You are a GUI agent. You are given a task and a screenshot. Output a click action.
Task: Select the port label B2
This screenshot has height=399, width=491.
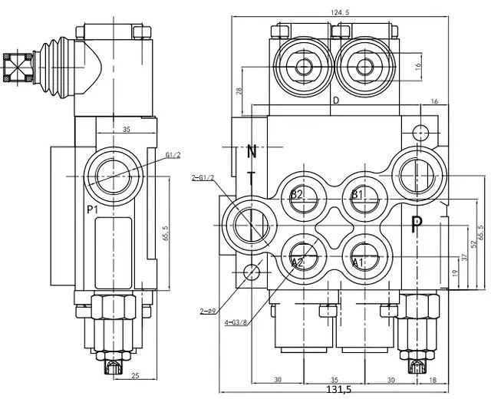click(298, 194)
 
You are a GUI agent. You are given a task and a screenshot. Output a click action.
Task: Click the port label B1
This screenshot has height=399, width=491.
click(358, 194)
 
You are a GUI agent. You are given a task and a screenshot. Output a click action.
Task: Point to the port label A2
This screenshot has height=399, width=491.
click(298, 262)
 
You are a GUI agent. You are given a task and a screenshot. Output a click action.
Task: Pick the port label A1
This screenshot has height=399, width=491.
click(358, 262)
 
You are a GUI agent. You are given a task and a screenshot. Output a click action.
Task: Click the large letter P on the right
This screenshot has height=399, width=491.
click(417, 225)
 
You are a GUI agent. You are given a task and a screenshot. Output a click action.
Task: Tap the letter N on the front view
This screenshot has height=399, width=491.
click(252, 151)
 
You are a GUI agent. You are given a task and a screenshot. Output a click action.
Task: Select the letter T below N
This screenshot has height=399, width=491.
click(252, 177)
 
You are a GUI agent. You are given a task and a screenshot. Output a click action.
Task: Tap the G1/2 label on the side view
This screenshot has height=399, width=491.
click(173, 155)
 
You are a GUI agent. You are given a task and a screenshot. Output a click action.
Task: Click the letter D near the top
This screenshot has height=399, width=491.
click(335, 101)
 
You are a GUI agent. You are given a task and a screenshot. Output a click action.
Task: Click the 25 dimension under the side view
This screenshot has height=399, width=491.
click(135, 374)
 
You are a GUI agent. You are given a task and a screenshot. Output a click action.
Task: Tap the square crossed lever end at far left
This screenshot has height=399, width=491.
click(15, 68)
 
